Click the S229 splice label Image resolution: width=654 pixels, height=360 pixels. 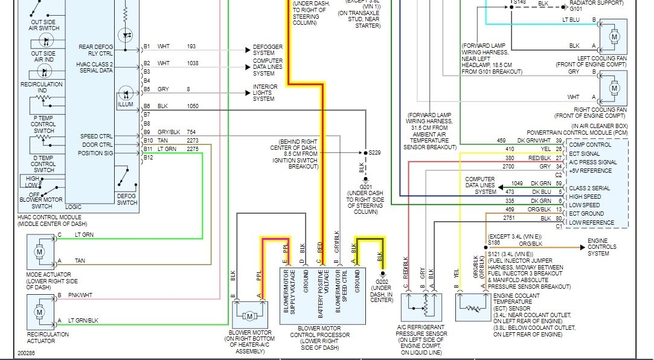pyautogui.click(x=376, y=152)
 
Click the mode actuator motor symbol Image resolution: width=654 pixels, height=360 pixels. pyautogui.click(x=40, y=251)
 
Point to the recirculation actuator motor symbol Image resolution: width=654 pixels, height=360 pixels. pyautogui.click(x=40, y=311)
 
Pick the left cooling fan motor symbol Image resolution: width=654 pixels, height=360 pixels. pyautogui.click(x=614, y=37)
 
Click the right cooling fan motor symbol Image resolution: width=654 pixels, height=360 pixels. pyautogui.click(x=614, y=88)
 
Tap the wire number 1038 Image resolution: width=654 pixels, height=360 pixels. pyautogui.click(x=192, y=63)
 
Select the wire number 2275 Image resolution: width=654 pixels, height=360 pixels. pyautogui.click(x=192, y=149)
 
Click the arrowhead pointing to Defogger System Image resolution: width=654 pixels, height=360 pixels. pyautogui.click(x=248, y=47)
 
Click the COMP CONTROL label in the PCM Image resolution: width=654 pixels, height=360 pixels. pyautogui.click(x=590, y=145)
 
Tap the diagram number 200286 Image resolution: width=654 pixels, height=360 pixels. pyautogui.click(x=27, y=353)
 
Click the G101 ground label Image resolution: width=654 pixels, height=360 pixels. pyautogui.click(x=576, y=9)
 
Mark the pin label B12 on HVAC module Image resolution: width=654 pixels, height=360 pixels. pyautogui.click(x=148, y=157)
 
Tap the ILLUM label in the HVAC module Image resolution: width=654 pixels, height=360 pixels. pyautogui.click(x=125, y=104)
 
